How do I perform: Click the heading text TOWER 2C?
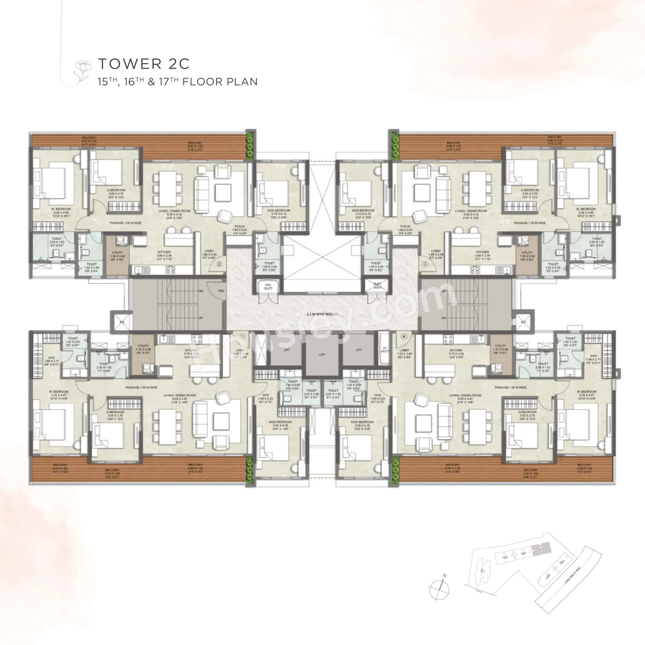(144, 63)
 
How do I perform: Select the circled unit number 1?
(242, 336)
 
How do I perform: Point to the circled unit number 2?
(219, 264)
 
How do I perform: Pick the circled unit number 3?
(425, 264)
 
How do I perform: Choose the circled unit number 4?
(404, 337)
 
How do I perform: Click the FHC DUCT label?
(268, 286)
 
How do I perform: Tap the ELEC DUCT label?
(377, 286)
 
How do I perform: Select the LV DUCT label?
(385, 349)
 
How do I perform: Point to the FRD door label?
(221, 291)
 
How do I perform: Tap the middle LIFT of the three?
(322, 354)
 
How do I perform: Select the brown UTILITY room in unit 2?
(118, 255)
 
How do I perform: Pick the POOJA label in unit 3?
(405, 228)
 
